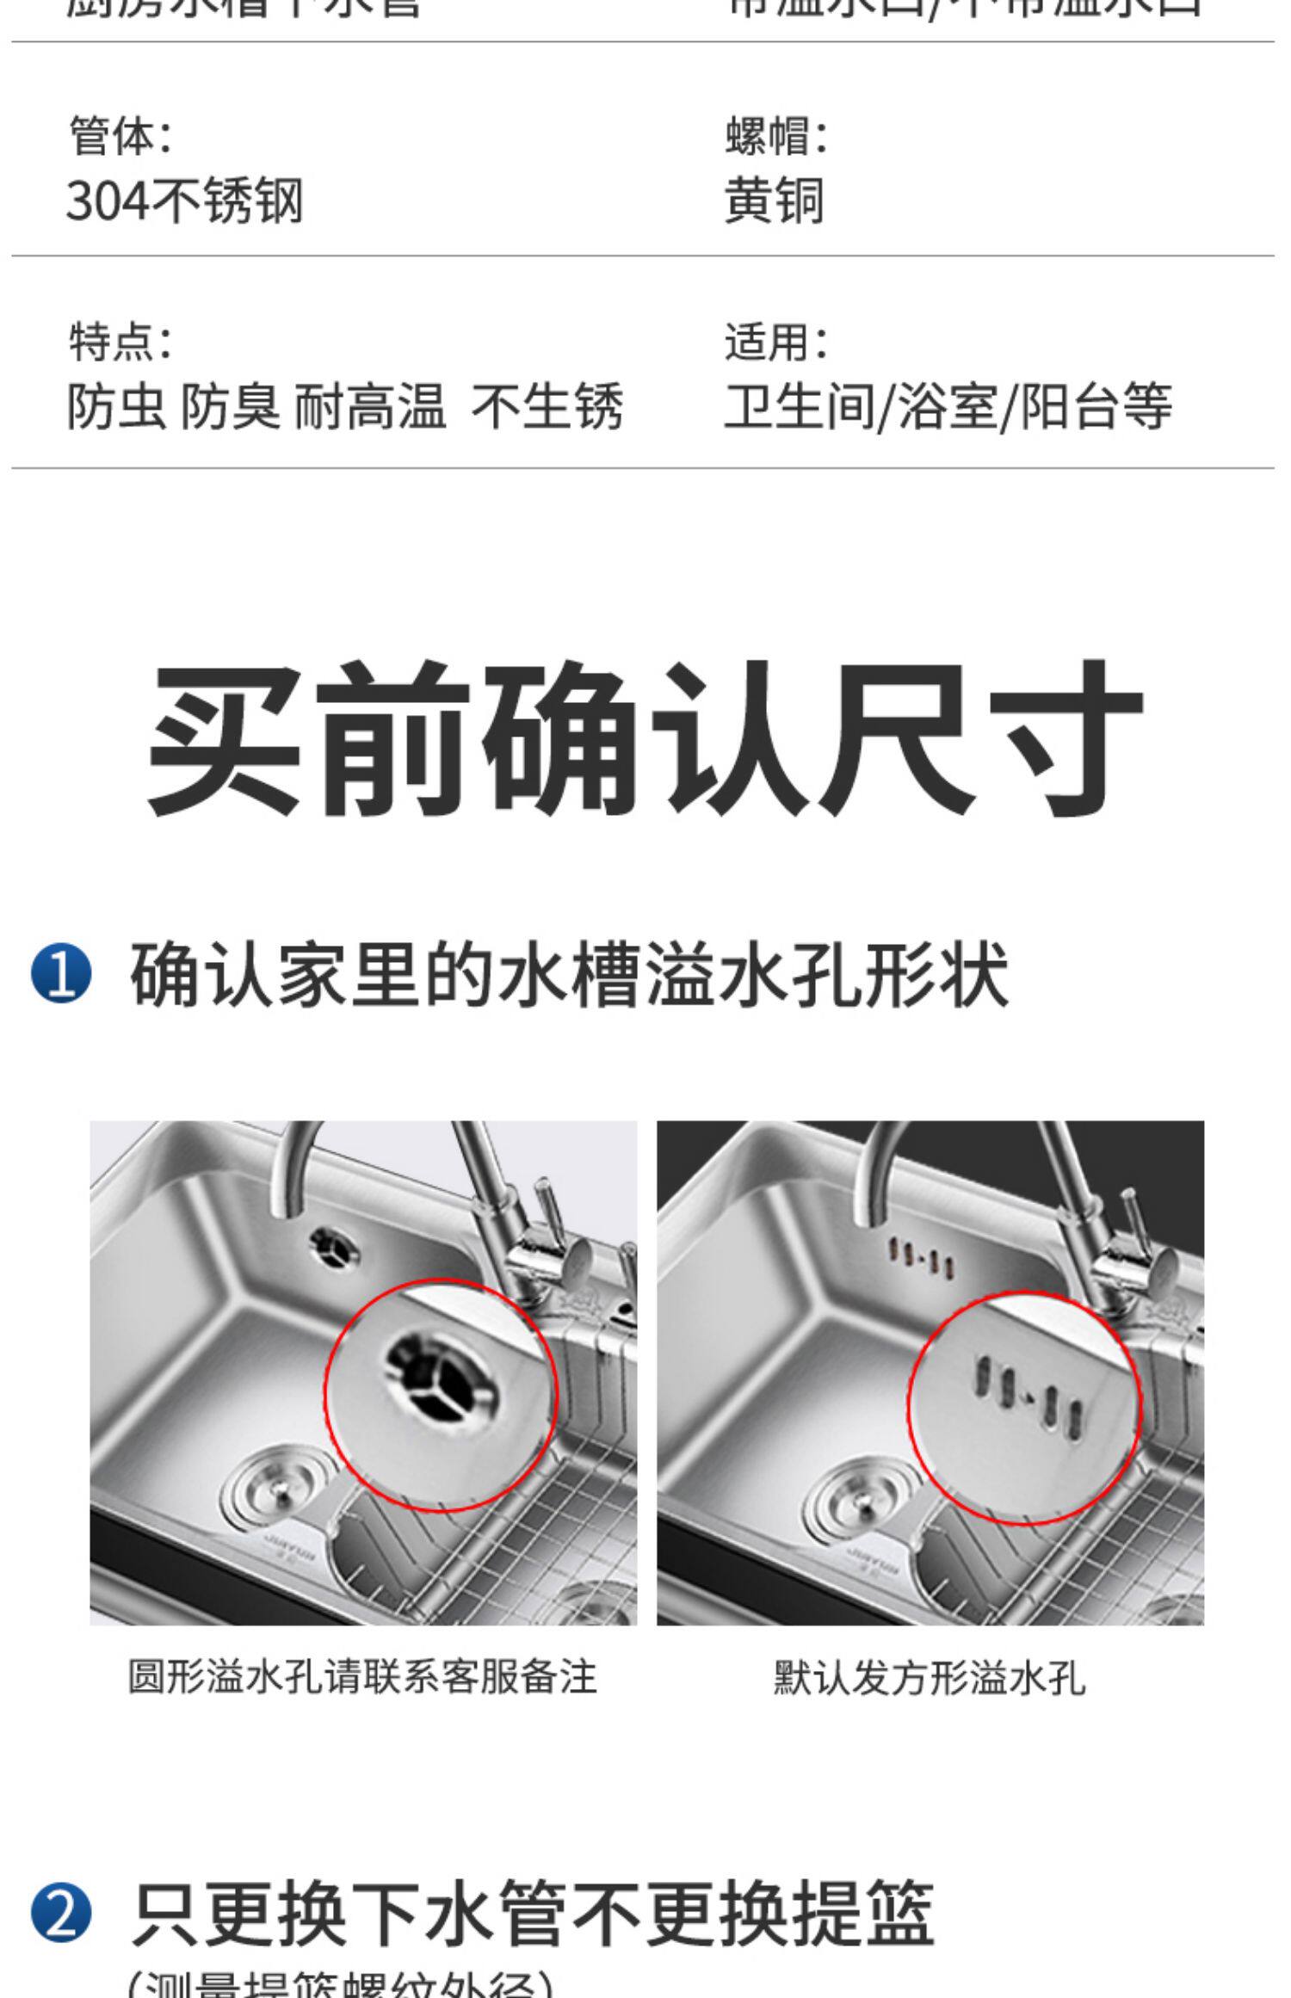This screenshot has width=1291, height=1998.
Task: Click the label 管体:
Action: point(120,137)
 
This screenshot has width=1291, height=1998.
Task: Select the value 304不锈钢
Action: point(185,201)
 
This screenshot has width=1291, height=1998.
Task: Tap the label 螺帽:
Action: point(775,137)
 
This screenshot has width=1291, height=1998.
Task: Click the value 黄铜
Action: point(774,201)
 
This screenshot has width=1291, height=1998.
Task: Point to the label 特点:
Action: point(120,342)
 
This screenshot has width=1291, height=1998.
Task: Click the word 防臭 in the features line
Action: point(231,406)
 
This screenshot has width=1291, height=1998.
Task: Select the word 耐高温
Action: point(370,406)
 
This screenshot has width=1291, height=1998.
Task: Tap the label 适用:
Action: point(775,342)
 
